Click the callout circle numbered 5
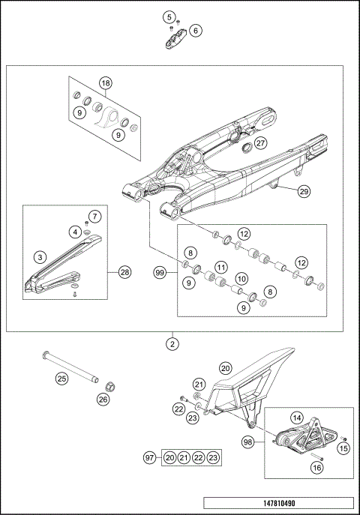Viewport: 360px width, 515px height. [x=169, y=16]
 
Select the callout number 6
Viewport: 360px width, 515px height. [x=196, y=31]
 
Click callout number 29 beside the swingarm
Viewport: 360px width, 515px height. [x=304, y=191]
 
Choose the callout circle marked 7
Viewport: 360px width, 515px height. [x=94, y=217]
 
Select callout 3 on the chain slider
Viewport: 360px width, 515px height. [x=38, y=257]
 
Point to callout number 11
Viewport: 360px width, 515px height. [x=220, y=267]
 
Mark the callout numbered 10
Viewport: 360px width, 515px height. [x=241, y=277]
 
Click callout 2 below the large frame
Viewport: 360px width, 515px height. [x=173, y=346]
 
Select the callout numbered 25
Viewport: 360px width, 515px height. [x=62, y=379]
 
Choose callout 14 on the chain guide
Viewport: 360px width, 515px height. [x=296, y=418]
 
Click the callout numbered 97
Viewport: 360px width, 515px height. [x=149, y=457]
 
